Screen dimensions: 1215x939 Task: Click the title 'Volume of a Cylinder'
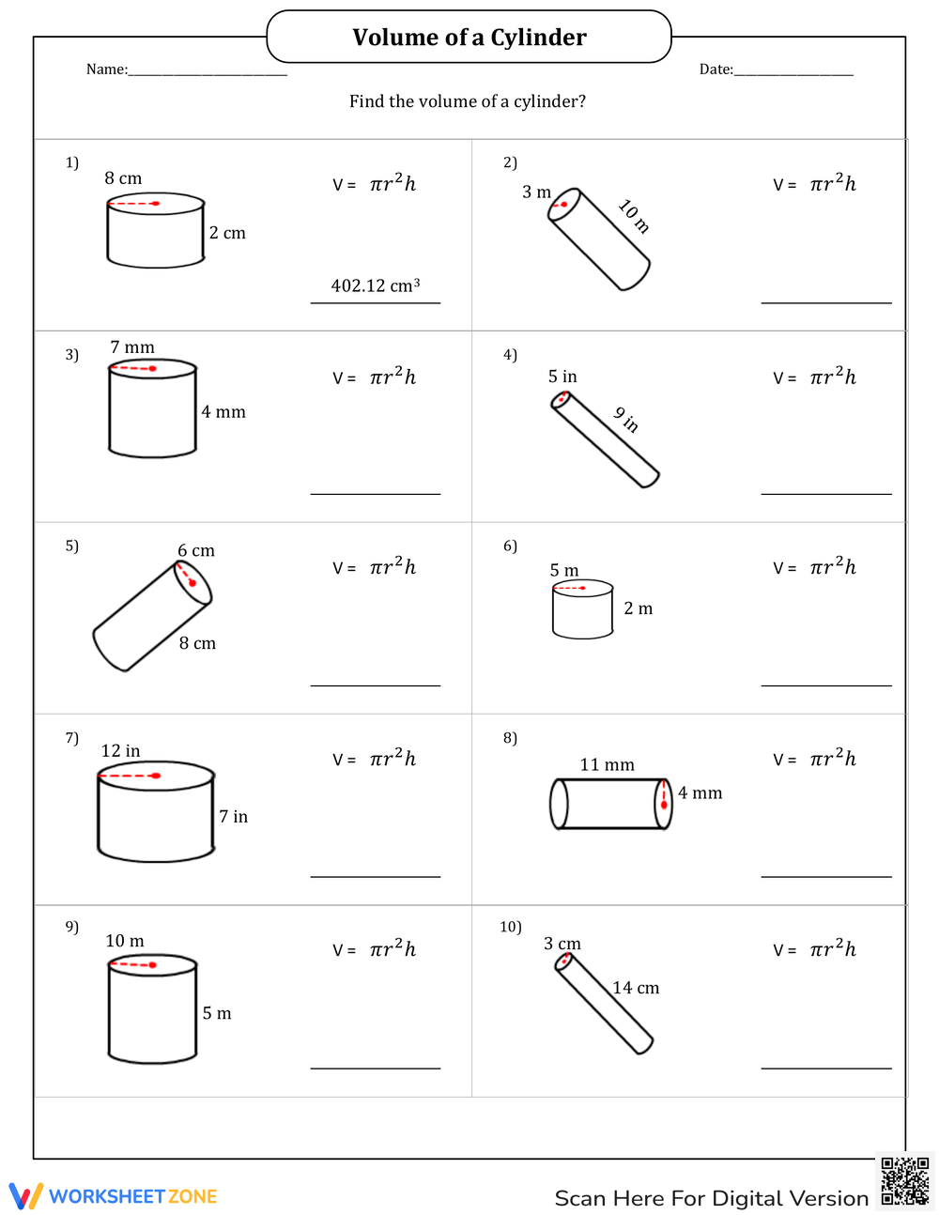tap(469, 38)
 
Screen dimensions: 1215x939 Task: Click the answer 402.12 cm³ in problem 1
tap(375, 285)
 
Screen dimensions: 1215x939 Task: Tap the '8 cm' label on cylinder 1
tap(123, 178)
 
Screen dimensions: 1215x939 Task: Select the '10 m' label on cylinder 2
tap(634, 216)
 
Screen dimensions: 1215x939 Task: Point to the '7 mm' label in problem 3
tap(132, 347)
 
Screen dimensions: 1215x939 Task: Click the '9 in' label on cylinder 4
tap(626, 420)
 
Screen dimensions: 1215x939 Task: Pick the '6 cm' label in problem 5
tap(196, 550)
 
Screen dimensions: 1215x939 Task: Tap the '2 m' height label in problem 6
tap(638, 608)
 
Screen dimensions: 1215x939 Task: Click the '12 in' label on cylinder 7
tap(120, 751)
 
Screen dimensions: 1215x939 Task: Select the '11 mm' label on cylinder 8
tap(607, 764)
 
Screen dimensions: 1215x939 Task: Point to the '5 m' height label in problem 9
tap(217, 1013)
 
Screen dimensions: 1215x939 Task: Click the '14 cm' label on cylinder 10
tap(636, 988)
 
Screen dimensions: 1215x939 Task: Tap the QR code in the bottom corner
tap(905, 1181)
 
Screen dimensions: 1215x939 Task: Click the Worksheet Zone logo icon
tap(25, 1195)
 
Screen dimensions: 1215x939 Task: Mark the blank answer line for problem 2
tap(826, 301)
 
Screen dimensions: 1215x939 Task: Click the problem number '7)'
tap(72, 738)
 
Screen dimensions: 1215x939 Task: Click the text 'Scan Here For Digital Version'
tap(711, 1198)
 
